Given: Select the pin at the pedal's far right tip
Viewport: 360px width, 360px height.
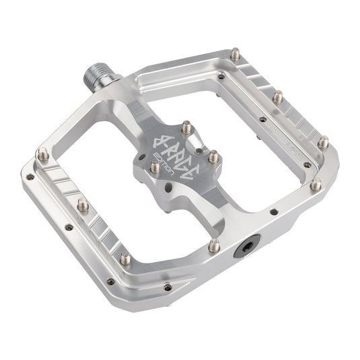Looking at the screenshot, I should click(x=322, y=140).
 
